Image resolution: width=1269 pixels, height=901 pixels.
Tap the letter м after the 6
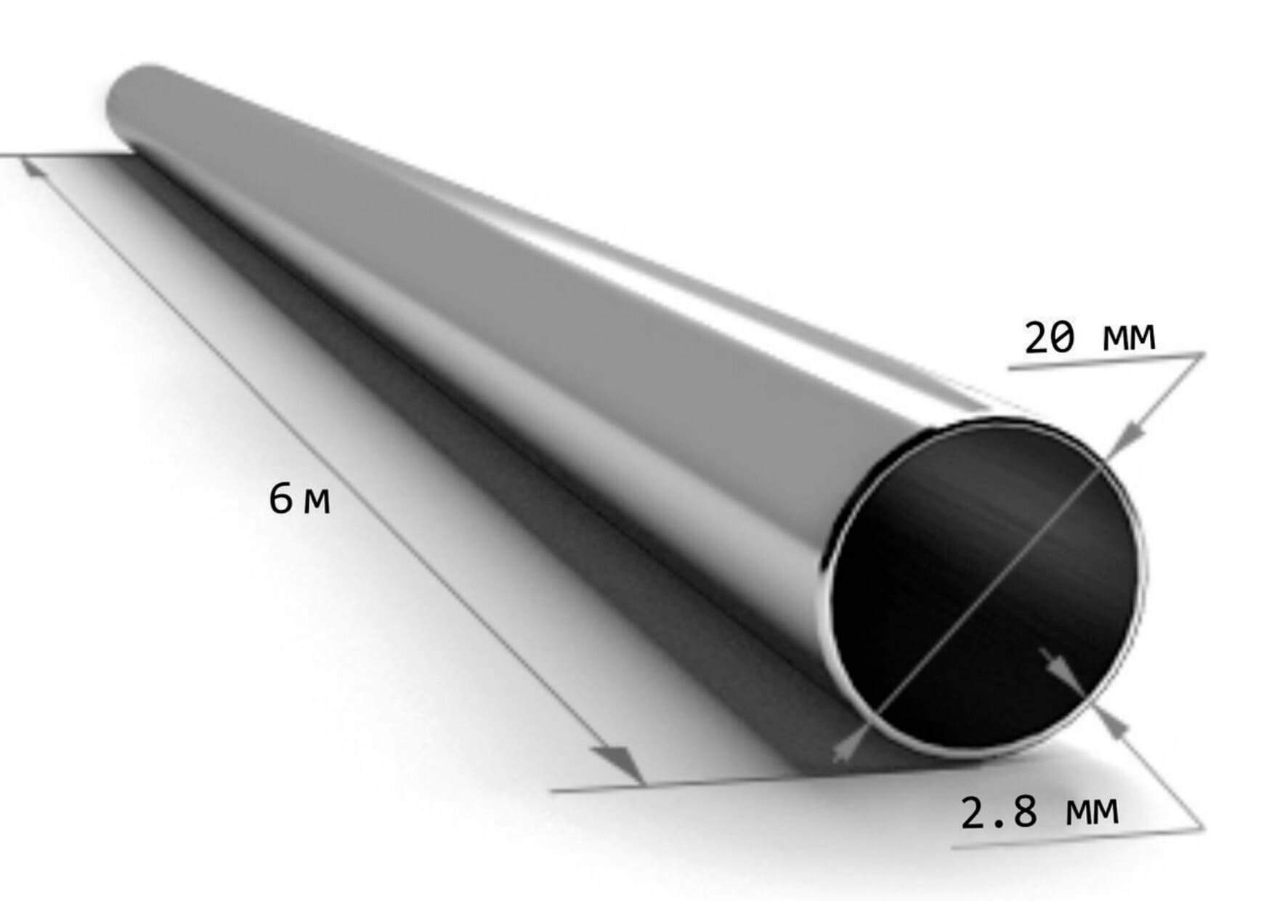(x=317, y=502)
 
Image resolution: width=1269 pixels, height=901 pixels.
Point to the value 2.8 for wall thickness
(x=998, y=812)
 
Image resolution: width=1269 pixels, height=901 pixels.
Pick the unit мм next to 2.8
(x=1092, y=811)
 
